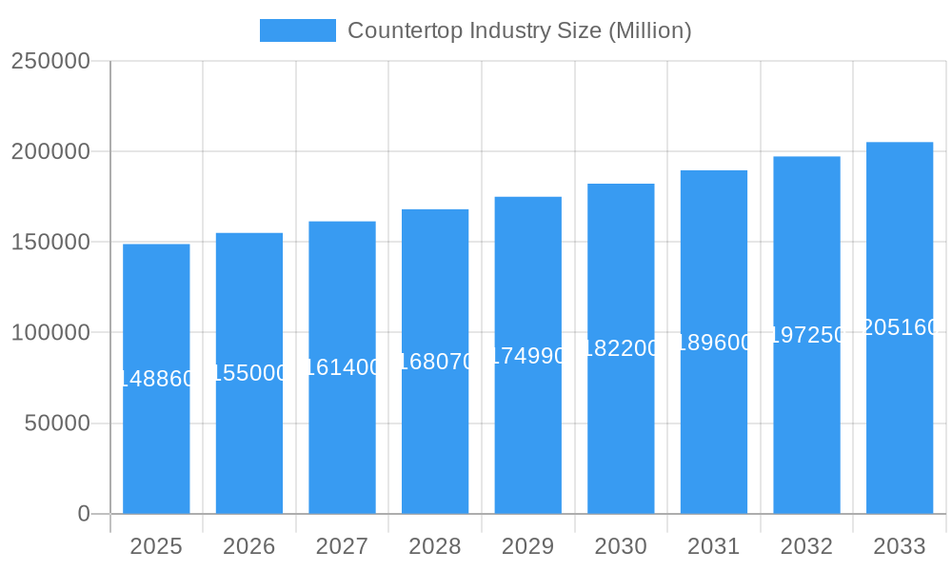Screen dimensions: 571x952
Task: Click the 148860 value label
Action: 156,379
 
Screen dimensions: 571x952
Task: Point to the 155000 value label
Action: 249,373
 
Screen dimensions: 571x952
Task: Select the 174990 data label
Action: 528,356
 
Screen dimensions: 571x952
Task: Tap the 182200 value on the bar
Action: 621,348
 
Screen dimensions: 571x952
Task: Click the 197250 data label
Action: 806,335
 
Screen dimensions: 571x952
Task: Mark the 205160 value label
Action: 900,327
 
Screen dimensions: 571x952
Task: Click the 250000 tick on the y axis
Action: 50,61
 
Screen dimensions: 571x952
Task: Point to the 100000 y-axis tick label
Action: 50,333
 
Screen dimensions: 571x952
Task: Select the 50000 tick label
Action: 56,423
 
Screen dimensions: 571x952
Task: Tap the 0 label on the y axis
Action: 84,514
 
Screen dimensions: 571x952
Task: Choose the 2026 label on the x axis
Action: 249,546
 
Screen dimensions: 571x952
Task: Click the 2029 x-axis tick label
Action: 528,546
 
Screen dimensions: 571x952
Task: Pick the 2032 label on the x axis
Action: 806,546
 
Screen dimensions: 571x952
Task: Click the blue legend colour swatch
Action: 298,30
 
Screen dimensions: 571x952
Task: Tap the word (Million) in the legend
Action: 649,30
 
